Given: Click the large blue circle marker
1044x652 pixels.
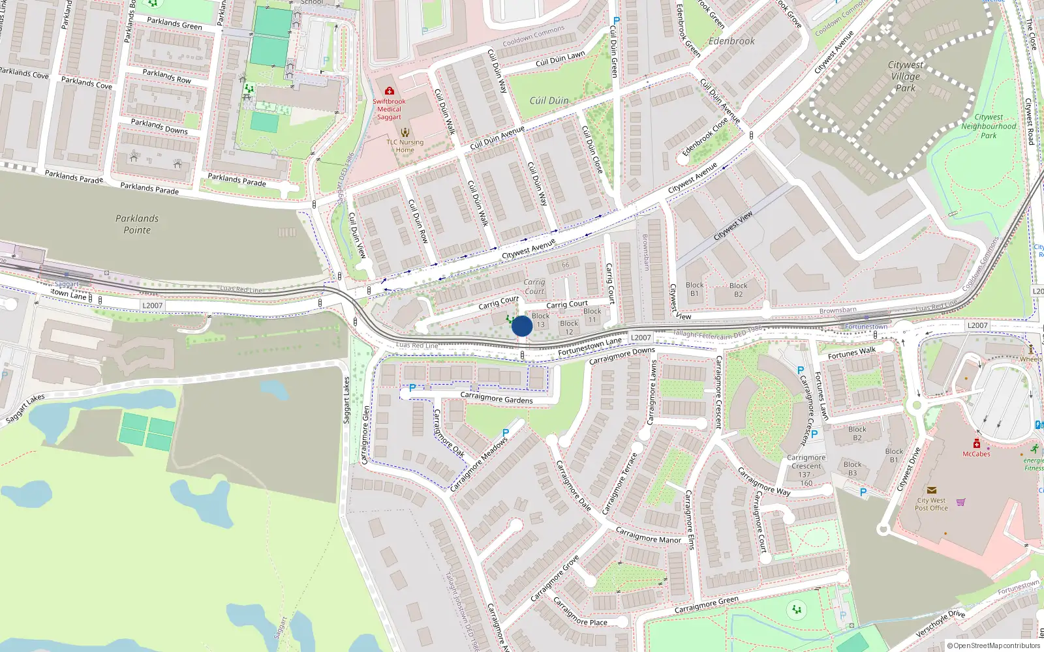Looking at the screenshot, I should [522, 326].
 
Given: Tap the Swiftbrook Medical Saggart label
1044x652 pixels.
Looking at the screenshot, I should [389, 109].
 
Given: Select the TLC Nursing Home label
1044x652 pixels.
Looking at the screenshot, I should [405, 146].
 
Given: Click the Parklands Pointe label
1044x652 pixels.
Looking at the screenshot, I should [137, 224].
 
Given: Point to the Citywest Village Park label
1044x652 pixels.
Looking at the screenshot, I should [906, 76].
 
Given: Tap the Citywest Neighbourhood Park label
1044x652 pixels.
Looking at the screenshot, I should [989, 126].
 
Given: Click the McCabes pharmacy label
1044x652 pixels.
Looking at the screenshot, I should [976, 454].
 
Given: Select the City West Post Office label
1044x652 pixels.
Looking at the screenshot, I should [931, 504].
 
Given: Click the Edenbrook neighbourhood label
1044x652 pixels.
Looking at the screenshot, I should [731, 41].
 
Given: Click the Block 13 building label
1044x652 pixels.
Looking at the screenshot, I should [540, 320].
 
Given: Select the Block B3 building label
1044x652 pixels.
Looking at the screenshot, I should [852, 469].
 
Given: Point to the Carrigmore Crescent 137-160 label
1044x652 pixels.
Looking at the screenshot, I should [806, 470].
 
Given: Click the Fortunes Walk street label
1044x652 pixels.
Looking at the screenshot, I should [852, 353].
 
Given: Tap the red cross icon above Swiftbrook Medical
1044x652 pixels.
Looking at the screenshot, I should [390, 91].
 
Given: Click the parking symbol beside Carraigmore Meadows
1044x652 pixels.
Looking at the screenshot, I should [506, 433].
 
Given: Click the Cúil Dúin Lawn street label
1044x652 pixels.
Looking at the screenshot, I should [560, 59].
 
